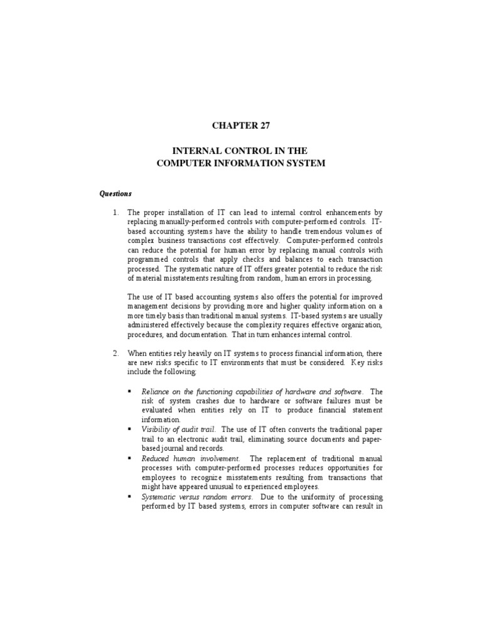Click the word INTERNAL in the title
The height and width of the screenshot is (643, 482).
coord(197,151)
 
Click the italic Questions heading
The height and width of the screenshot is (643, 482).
coord(115,194)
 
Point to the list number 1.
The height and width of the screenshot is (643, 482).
coord(115,213)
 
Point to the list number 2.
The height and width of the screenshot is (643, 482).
coord(115,353)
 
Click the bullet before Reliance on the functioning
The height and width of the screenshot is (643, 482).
coord(129,391)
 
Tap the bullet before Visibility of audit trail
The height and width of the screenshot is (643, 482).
coord(129,429)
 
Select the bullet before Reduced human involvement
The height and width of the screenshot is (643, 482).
coord(129,458)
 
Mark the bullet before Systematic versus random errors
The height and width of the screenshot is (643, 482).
coord(129,496)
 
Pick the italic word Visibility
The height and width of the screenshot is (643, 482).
coord(156,429)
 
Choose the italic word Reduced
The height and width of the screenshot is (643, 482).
coord(155,458)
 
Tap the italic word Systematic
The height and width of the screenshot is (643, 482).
coord(160,496)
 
